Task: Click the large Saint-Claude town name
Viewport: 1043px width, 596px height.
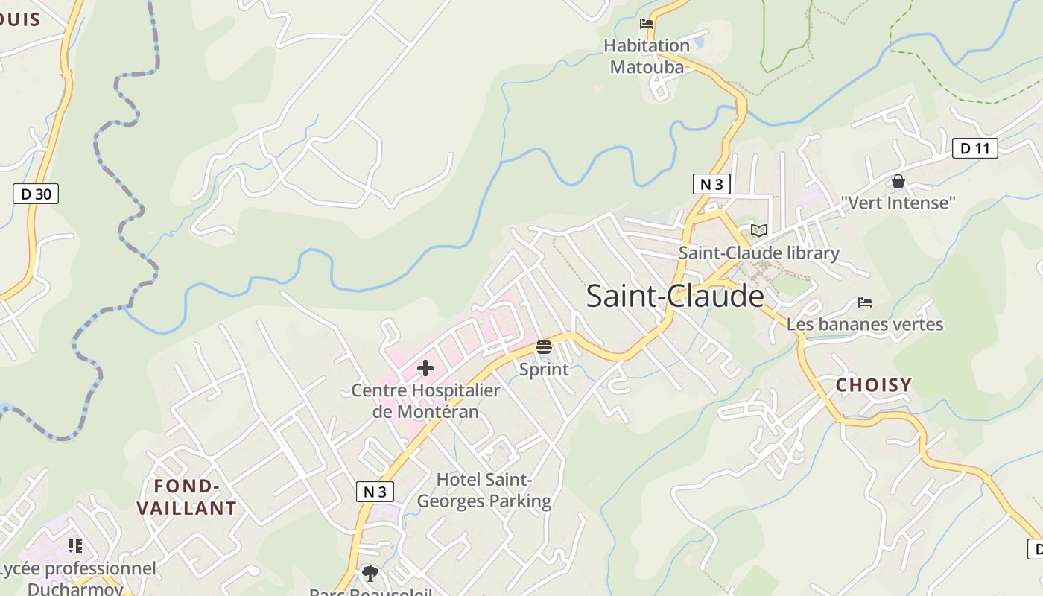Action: click(x=675, y=296)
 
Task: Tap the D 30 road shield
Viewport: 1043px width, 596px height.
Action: click(x=36, y=194)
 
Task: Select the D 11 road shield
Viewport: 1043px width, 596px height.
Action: click(x=974, y=148)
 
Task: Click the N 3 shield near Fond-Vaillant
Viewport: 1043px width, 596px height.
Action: click(x=375, y=492)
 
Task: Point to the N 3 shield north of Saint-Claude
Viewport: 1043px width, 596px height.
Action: click(x=711, y=184)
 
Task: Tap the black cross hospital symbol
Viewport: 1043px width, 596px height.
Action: click(x=425, y=367)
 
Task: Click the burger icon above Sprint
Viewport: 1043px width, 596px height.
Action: click(x=544, y=346)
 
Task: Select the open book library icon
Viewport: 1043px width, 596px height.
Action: click(x=758, y=231)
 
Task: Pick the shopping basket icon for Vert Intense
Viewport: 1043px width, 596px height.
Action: click(x=898, y=181)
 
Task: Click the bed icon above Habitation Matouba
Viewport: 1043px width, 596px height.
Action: click(x=647, y=24)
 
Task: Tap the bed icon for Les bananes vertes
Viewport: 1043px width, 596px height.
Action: click(x=864, y=302)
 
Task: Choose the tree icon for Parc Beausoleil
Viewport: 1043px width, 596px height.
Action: click(x=370, y=573)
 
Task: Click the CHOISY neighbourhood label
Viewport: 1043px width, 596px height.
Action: click(x=873, y=385)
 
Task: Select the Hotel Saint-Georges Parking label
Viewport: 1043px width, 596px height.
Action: click(x=484, y=490)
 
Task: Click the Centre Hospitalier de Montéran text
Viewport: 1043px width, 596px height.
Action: click(x=425, y=401)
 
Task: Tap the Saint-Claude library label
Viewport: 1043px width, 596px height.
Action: click(x=758, y=253)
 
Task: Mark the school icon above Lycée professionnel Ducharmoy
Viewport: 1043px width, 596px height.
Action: click(x=74, y=547)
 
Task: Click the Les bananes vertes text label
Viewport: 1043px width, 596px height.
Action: click(x=864, y=325)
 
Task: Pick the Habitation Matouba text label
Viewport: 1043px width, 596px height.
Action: click(x=647, y=56)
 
